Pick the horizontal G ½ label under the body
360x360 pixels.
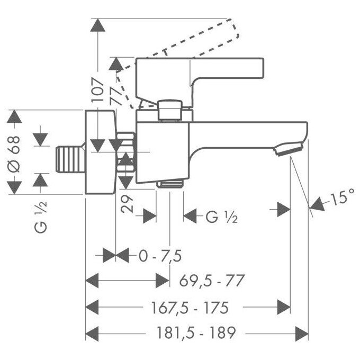coord(221,217)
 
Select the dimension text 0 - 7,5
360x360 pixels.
coord(160,256)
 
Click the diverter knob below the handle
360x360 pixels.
coord(170,110)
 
